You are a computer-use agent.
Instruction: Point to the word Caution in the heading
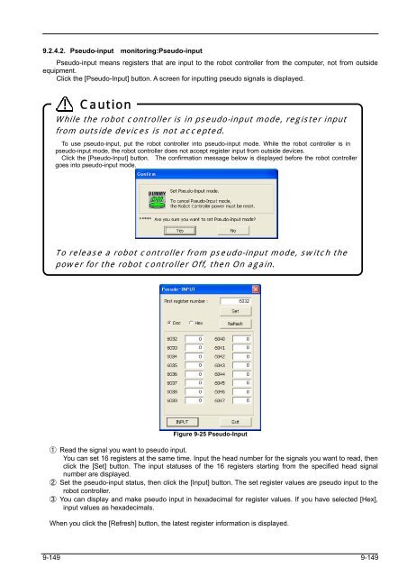105,105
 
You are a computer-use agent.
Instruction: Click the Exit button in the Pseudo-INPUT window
235,420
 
